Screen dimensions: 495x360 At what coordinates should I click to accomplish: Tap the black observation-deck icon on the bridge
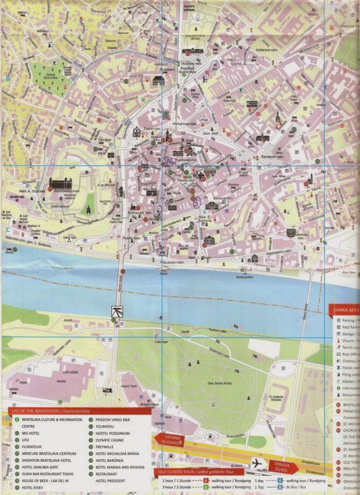116,311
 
